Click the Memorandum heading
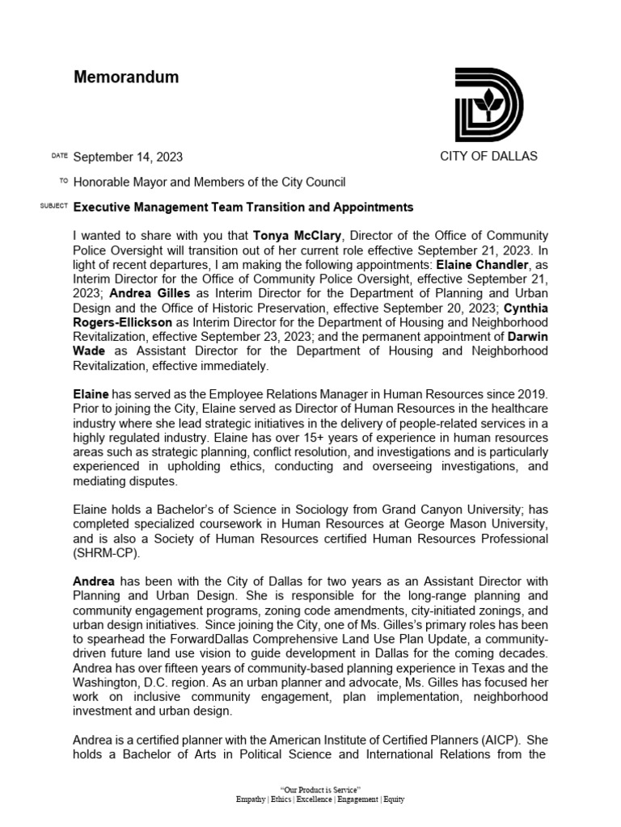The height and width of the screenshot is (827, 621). click(x=126, y=78)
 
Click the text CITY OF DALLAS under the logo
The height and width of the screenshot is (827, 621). click(x=488, y=156)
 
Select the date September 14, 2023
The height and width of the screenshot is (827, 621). click(x=133, y=157)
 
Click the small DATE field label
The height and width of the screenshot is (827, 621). click(x=59, y=155)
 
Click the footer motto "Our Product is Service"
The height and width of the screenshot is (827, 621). click(x=319, y=788)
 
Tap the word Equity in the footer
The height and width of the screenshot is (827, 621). click(x=392, y=799)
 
